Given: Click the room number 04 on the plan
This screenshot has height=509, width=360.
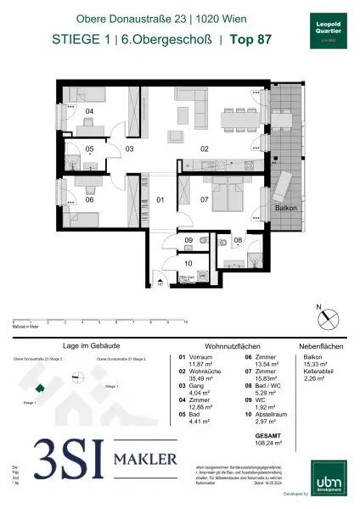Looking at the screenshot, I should [88, 111].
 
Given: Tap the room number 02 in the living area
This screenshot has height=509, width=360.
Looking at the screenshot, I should [205, 148].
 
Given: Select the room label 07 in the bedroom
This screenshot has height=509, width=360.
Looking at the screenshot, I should [204, 200].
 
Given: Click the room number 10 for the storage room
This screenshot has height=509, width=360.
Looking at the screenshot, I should [188, 265].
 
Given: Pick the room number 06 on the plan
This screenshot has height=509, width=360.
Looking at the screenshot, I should [89, 200].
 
